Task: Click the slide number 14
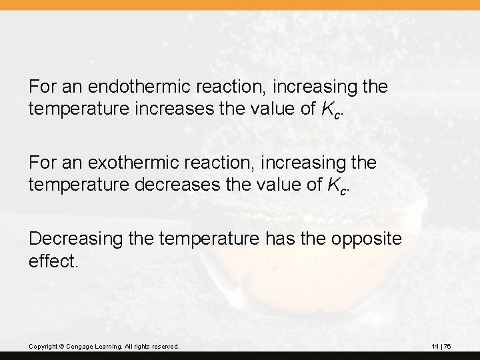[x=435, y=346]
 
